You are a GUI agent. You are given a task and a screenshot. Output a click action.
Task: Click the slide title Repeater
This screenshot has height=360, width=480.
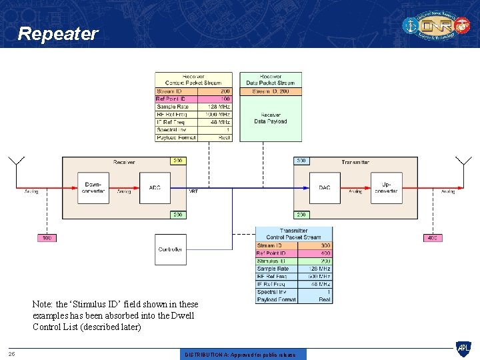58,34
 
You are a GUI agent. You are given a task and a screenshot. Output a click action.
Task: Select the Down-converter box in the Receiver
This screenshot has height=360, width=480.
93,188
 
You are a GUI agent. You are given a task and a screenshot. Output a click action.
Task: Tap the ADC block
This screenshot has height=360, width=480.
155,188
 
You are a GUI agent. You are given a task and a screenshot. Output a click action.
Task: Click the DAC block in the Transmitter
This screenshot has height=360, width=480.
325,188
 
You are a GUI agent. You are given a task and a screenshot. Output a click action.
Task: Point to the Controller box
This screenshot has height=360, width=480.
171,249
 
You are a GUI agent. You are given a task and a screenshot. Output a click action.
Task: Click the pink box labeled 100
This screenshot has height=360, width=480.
47,238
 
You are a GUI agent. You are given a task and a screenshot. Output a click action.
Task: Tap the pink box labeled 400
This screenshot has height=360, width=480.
433,238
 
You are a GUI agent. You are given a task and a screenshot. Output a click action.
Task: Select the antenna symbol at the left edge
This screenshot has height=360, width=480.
16,162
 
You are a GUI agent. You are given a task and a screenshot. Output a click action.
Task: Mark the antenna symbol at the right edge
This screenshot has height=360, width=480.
463,162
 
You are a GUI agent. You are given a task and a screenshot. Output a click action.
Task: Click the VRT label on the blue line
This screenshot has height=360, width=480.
193,191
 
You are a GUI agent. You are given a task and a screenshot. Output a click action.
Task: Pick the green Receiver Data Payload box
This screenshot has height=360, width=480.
271,119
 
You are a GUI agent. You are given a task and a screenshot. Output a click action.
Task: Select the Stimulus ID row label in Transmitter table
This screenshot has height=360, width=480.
271,261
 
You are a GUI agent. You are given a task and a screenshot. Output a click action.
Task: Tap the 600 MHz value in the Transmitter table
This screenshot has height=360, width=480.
319,277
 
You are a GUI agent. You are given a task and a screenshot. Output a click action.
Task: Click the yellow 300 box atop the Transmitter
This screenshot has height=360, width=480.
301,161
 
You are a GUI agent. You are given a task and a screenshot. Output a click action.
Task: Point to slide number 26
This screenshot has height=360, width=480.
11,353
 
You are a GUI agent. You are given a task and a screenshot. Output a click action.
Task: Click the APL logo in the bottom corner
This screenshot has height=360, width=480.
463,348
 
